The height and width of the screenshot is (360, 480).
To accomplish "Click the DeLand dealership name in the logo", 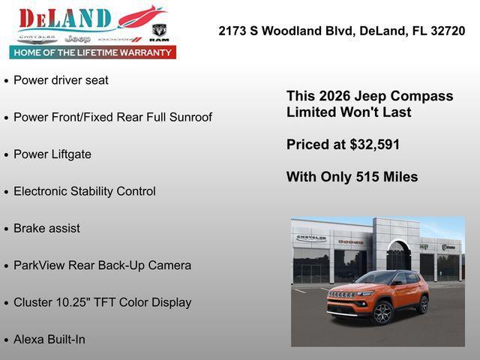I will coord(65,18).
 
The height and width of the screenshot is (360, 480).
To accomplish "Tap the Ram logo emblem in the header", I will coord(158,32).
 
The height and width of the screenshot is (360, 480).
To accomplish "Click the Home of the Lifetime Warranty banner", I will coord(93,52).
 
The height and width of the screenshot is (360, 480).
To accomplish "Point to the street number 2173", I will coord(234,31).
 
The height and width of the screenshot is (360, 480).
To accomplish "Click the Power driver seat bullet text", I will coord(61,80).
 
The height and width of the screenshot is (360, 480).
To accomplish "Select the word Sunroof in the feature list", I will coord(187,117).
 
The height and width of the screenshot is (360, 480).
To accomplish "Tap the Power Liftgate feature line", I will coord(52,154).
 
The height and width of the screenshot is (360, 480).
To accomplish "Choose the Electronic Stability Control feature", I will coord(85,191).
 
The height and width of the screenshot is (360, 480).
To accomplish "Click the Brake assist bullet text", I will coord(46,228).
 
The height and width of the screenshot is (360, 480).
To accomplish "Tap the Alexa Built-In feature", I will coord(49,339).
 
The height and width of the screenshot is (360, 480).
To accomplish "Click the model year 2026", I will coord(335,96).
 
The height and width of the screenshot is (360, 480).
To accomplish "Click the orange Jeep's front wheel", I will coord(382,313).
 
